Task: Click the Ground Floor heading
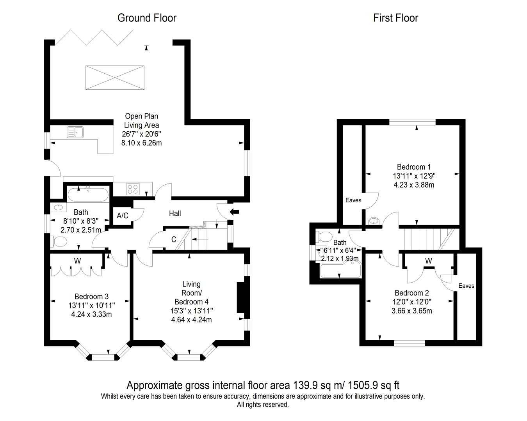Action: coord(147,18)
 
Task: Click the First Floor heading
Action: coord(395,18)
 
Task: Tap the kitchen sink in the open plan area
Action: coord(75,132)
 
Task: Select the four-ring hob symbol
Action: coord(133,189)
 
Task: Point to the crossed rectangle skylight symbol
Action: coord(115,78)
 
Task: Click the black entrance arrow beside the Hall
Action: coord(234,212)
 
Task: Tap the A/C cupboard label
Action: coord(123,216)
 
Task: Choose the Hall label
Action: coord(175,214)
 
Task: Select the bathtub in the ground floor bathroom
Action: coord(88,194)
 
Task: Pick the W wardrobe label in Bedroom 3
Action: coord(77,261)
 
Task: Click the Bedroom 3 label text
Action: coord(91,297)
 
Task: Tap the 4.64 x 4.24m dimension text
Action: coord(191,320)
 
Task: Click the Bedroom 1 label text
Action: coord(414,167)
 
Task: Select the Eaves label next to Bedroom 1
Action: coord(353,200)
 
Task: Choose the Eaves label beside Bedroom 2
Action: coord(466,286)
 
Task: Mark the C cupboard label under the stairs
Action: coord(174,239)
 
